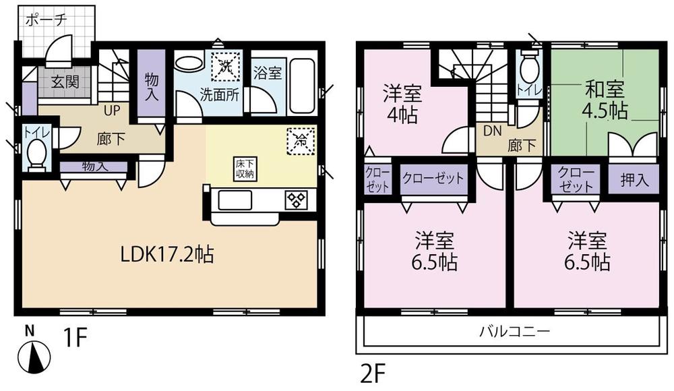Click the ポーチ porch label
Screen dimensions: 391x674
tap(46, 20)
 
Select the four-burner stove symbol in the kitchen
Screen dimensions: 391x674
tap(296, 199)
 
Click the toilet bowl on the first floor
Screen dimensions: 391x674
tap(36, 155)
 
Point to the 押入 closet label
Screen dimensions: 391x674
tap(634, 180)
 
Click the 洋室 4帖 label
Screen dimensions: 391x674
tap(401, 101)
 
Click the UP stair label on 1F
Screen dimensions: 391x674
tap(112, 106)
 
